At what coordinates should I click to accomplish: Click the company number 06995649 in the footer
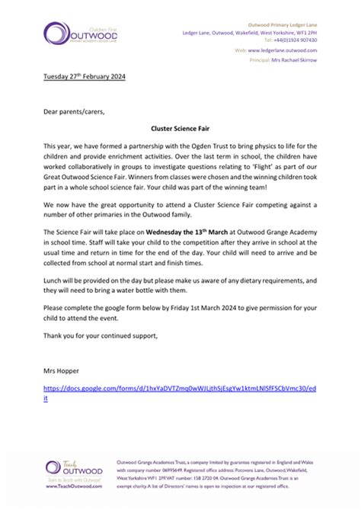(x=182, y=470)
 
